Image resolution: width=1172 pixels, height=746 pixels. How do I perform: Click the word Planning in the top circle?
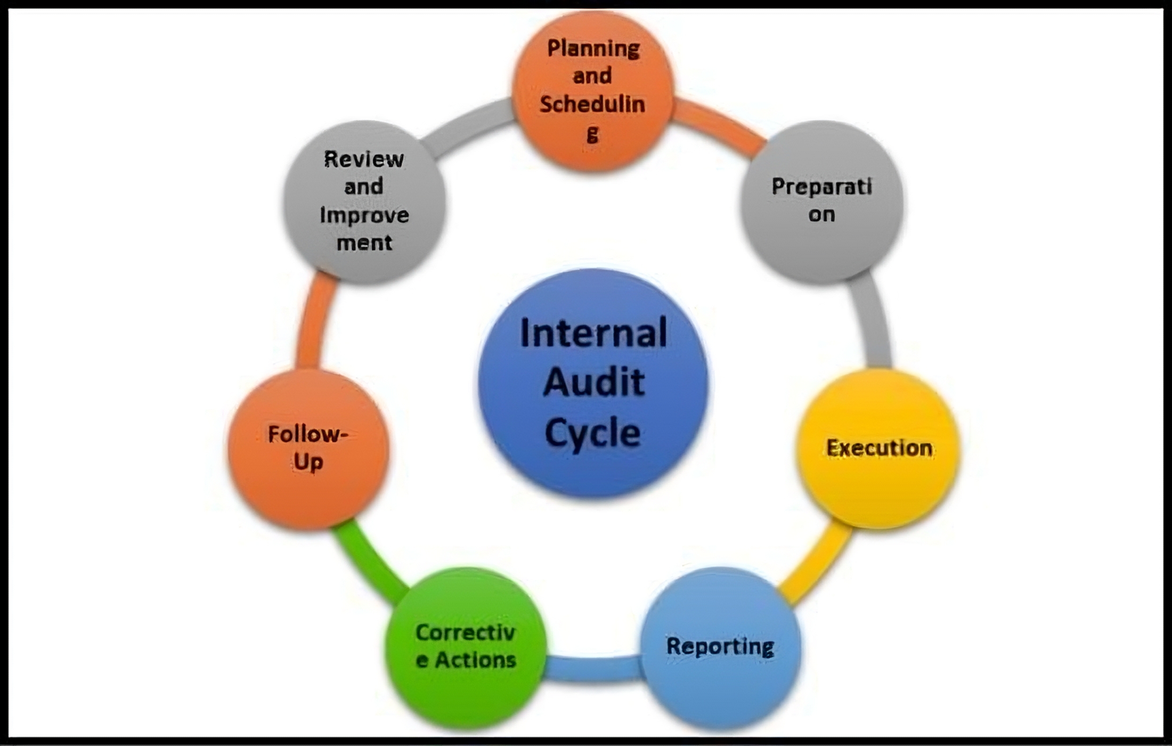[x=593, y=49]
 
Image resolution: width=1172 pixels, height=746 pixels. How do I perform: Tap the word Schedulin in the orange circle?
[x=592, y=104]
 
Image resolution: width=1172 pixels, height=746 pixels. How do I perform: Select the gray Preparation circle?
[x=822, y=202]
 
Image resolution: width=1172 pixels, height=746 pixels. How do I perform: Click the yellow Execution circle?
[x=879, y=448]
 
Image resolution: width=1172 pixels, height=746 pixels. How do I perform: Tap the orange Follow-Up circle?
[x=308, y=449]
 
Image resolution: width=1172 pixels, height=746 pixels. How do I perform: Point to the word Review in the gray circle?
[x=364, y=159]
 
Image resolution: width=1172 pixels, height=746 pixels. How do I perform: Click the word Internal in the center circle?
[x=593, y=333]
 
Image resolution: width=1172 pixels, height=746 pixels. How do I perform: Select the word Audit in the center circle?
[x=594, y=382]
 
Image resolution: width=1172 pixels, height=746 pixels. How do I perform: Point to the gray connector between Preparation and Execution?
[x=874, y=320]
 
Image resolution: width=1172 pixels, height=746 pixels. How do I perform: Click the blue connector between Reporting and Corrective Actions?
[x=593, y=668]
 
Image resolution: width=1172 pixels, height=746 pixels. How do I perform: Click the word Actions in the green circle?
[x=475, y=661]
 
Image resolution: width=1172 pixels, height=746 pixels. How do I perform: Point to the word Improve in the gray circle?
[x=364, y=215]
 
